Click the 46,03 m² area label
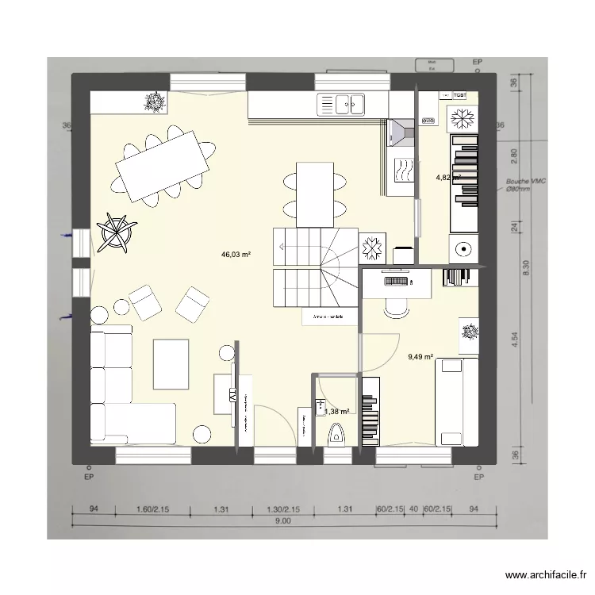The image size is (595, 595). click(236, 255)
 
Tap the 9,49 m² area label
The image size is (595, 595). click(420, 357)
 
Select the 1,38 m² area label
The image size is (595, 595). click(337, 411)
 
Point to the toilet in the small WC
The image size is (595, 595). click(336, 435)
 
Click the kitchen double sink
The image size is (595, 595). click(342, 103)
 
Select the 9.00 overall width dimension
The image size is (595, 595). click(283, 520)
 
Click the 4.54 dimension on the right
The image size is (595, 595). click(514, 339)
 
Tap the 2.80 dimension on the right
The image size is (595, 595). click(514, 154)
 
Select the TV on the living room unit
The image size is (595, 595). click(233, 394)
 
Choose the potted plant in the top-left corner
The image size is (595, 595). click(154, 102)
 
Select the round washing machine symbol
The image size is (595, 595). click(463, 249)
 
